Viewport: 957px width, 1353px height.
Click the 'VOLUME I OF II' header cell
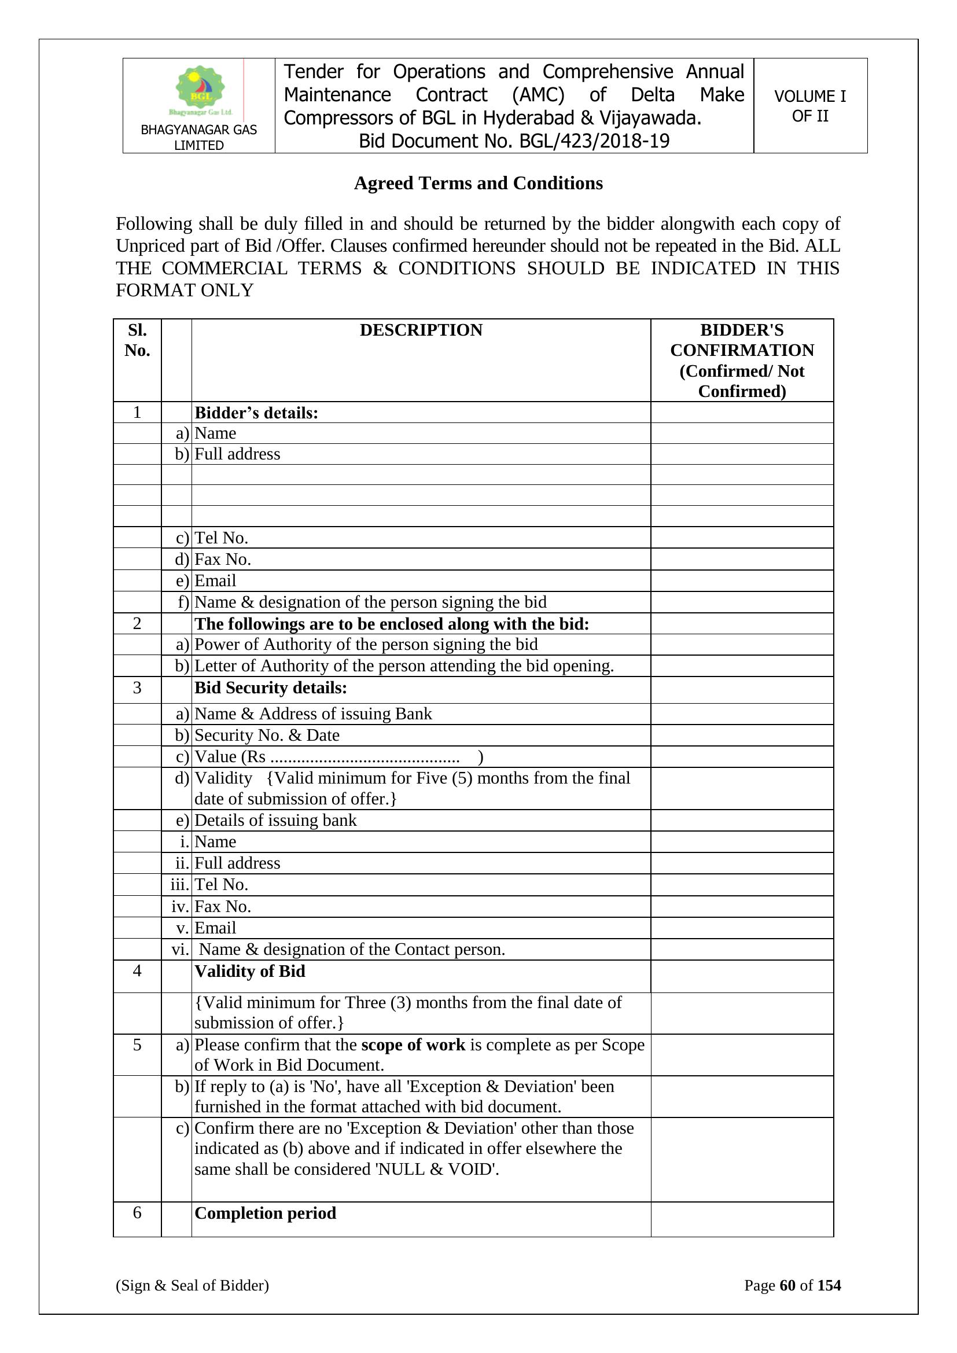tap(809, 106)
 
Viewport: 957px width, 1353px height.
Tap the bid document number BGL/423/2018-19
tap(514, 141)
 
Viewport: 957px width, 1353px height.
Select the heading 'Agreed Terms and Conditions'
tap(478, 183)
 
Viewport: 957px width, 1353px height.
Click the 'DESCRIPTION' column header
tap(421, 330)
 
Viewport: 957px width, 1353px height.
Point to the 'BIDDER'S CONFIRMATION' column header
tap(741, 360)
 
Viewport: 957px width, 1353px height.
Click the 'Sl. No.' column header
tap(137, 340)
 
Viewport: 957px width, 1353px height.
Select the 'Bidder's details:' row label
tap(256, 413)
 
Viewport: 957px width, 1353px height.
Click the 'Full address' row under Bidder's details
tap(237, 454)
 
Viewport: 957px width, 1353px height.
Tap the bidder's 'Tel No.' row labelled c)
tap(221, 538)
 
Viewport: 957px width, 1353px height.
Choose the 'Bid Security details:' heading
tap(270, 687)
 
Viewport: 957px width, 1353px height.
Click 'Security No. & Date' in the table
tap(267, 735)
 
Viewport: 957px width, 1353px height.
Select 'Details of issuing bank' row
tap(275, 820)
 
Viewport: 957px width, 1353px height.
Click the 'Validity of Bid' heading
tap(250, 971)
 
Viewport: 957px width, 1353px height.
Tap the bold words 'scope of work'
tap(413, 1045)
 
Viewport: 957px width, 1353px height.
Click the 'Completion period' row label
tap(265, 1213)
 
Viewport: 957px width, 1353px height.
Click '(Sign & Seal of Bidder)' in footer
tap(192, 1285)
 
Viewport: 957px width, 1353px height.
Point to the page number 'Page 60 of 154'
tap(792, 1285)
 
